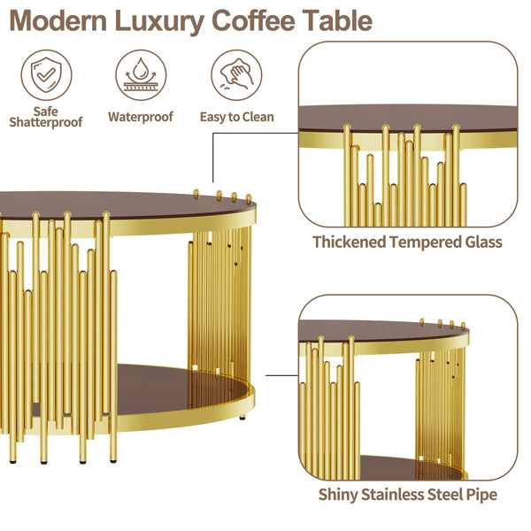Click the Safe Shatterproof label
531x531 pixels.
click(x=45, y=117)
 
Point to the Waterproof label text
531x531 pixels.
click(x=141, y=116)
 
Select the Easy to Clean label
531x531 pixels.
click(x=236, y=116)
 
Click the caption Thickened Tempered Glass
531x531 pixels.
click(x=407, y=241)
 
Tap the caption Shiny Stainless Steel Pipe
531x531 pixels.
click(x=407, y=494)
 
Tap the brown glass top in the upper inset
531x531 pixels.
click(x=407, y=117)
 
